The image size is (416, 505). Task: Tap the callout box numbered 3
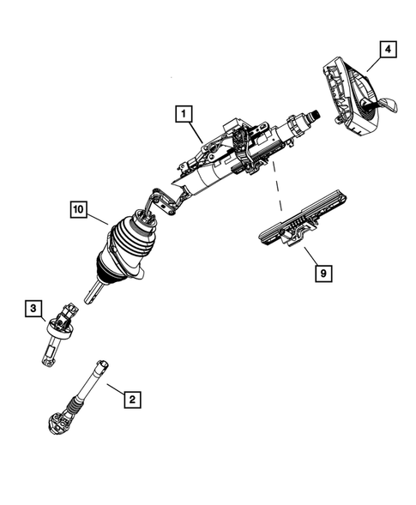pyautogui.click(x=31, y=307)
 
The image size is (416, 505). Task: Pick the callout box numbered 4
pyautogui.click(x=389, y=51)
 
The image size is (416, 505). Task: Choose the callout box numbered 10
pyautogui.click(x=78, y=208)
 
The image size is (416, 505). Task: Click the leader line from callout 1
pyautogui.click(x=196, y=129)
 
